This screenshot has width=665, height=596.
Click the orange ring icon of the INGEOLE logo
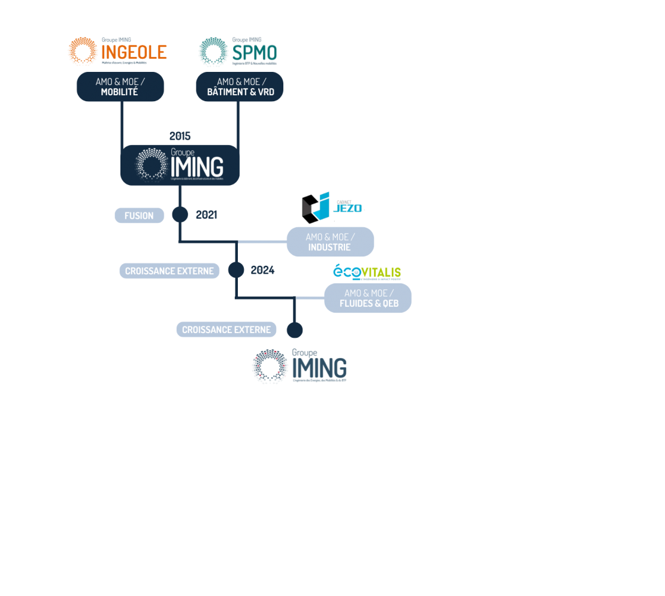(x=83, y=52)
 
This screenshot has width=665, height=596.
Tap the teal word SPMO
(x=255, y=53)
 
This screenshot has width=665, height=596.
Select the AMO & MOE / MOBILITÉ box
(x=120, y=87)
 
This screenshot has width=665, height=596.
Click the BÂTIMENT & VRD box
(x=240, y=87)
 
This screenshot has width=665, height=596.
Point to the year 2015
(x=180, y=136)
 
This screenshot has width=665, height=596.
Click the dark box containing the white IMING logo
(x=180, y=165)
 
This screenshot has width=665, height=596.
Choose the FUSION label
(x=139, y=216)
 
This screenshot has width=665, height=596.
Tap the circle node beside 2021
(x=180, y=214)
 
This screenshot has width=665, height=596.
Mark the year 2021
(x=207, y=215)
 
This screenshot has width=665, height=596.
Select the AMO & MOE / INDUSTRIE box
(x=330, y=241)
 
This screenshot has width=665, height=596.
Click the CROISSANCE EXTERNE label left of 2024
(x=170, y=271)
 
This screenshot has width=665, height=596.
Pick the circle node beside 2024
(x=236, y=270)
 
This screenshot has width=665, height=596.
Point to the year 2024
(x=262, y=271)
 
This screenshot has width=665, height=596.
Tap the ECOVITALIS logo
(x=367, y=273)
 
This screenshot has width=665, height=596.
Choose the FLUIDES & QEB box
(x=368, y=298)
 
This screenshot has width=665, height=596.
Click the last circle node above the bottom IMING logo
(x=294, y=329)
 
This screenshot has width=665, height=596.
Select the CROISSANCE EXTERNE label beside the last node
(x=226, y=329)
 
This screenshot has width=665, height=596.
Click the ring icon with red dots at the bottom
(x=270, y=366)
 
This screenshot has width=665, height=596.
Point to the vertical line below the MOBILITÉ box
(x=122, y=123)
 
